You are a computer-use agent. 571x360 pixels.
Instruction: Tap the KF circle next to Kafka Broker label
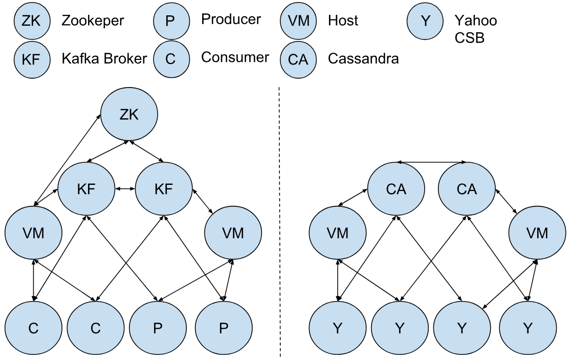(x=32, y=59)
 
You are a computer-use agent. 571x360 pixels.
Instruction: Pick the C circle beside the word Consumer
(x=170, y=59)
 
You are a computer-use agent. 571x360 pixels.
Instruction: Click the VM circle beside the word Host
(x=298, y=20)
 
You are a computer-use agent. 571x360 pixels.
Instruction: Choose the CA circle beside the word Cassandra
(x=298, y=59)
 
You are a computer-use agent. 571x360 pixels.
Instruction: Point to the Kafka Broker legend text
(x=104, y=58)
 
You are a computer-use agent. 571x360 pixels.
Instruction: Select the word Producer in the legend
(x=231, y=19)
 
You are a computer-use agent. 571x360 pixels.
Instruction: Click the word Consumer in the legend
(x=235, y=57)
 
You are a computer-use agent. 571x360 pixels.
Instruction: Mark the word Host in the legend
(x=343, y=21)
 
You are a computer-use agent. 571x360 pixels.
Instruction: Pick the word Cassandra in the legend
(x=363, y=59)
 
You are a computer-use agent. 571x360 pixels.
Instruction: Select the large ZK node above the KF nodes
(x=128, y=115)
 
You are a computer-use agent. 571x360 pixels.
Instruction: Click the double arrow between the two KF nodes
(x=125, y=189)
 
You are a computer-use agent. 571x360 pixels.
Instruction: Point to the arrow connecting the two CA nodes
(x=431, y=163)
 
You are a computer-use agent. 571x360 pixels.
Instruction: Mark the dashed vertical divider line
(x=279, y=220)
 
